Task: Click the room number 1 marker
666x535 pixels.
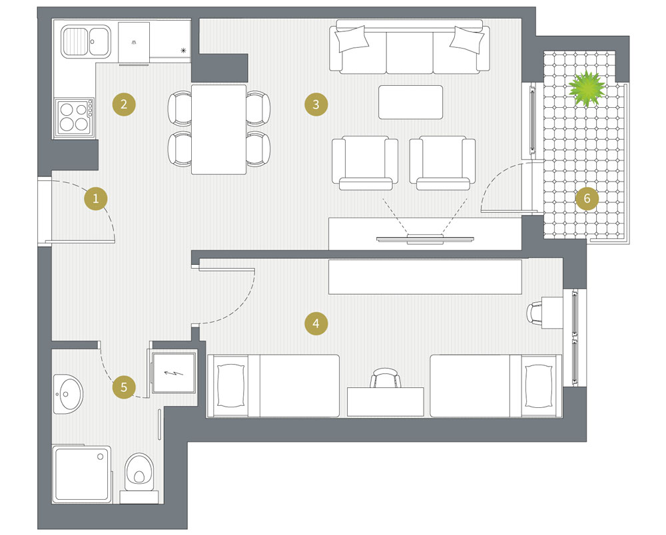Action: coord(95,198)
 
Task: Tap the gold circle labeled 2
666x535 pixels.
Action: coord(124,104)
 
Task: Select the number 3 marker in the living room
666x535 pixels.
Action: coord(316,104)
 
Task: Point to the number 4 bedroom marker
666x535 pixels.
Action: coord(316,323)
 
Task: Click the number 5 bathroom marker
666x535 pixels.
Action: coord(124,387)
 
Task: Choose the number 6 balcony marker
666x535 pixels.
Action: coord(587,198)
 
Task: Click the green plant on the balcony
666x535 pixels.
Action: coord(587,89)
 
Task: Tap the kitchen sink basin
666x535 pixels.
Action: coord(86,41)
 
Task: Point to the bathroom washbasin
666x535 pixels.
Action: coord(68,394)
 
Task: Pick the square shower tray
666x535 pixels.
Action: coord(82,474)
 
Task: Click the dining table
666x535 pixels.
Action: coord(218,129)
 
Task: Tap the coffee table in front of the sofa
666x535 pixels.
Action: coord(411,102)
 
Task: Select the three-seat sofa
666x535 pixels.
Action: coord(410,47)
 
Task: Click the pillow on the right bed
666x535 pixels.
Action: coord(539,386)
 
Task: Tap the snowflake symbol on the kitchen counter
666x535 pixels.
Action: coord(184,51)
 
